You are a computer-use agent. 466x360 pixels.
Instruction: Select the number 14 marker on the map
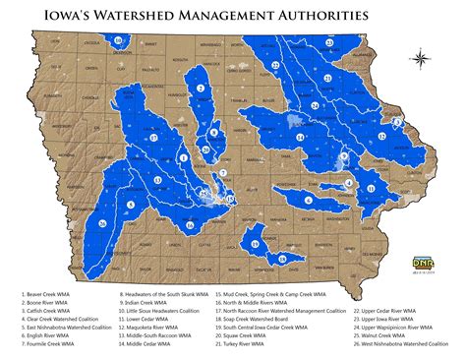point(315,105)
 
